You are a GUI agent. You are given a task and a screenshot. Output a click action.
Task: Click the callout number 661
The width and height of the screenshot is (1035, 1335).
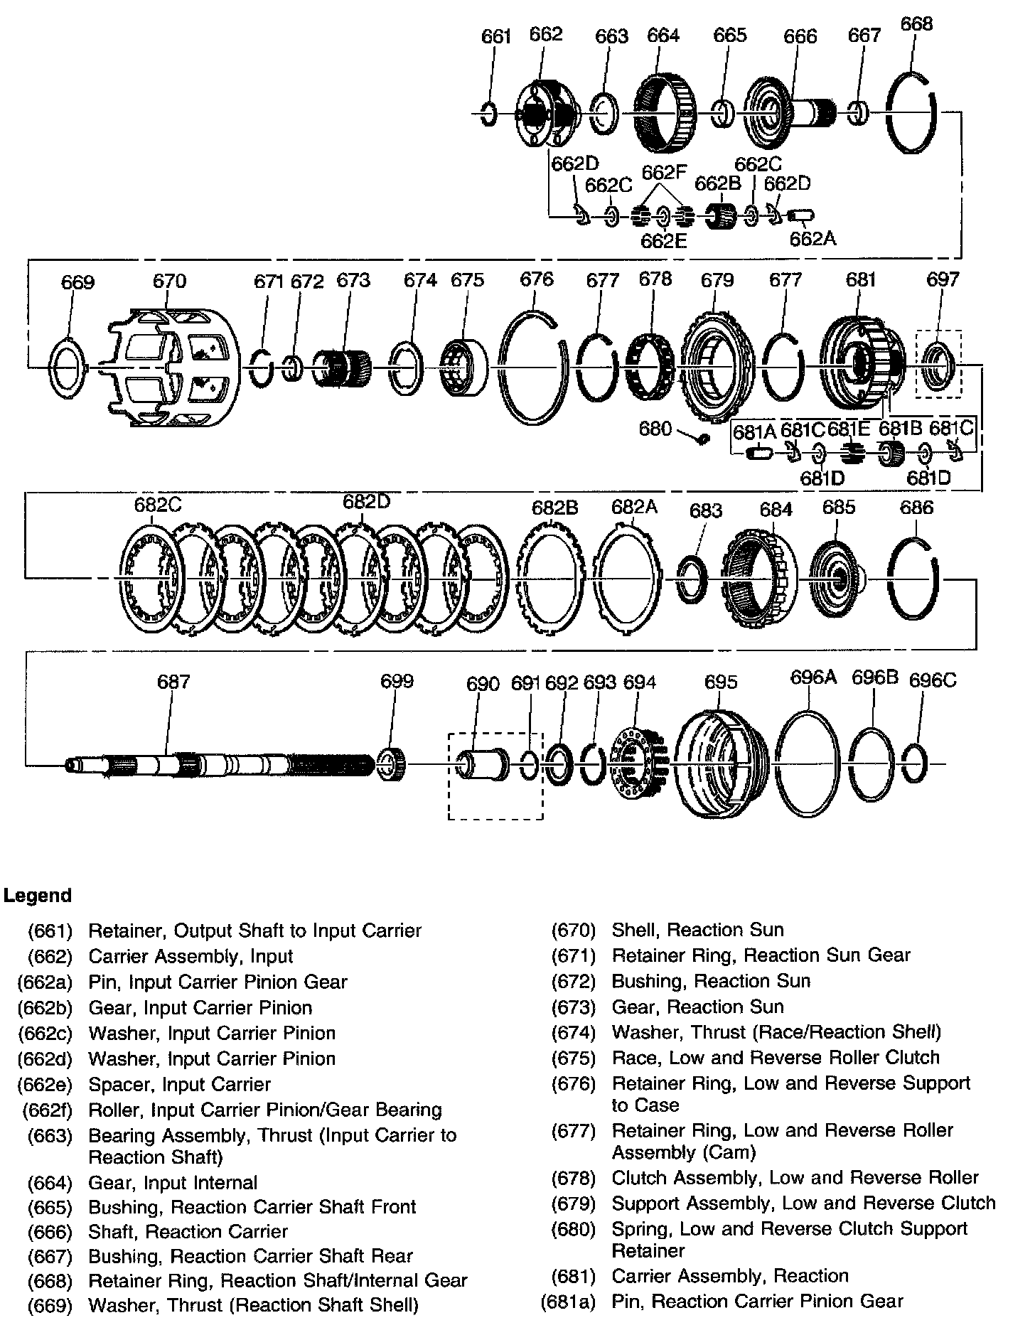[x=496, y=36]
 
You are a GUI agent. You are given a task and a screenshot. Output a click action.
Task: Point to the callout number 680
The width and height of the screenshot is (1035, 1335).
[x=655, y=428]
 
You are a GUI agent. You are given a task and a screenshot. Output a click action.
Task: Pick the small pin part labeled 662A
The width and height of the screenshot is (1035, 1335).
[x=801, y=215]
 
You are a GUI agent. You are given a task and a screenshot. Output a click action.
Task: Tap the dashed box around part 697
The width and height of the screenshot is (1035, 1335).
[x=938, y=363]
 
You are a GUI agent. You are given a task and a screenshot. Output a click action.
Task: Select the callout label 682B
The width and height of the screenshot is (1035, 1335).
[x=554, y=508]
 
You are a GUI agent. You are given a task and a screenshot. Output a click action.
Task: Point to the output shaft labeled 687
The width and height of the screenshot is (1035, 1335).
[x=220, y=765]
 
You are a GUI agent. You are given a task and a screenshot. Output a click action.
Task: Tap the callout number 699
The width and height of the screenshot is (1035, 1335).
[x=397, y=681]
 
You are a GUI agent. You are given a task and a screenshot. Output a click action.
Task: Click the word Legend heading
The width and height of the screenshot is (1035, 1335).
[x=38, y=895]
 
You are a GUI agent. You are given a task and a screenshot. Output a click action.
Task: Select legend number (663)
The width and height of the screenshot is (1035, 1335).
[x=50, y=1135]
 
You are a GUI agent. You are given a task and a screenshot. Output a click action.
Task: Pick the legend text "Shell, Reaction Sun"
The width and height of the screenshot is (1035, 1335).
[x=697, y=929]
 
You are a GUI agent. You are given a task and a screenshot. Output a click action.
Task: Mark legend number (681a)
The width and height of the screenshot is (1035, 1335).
[x=567, y=1302]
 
